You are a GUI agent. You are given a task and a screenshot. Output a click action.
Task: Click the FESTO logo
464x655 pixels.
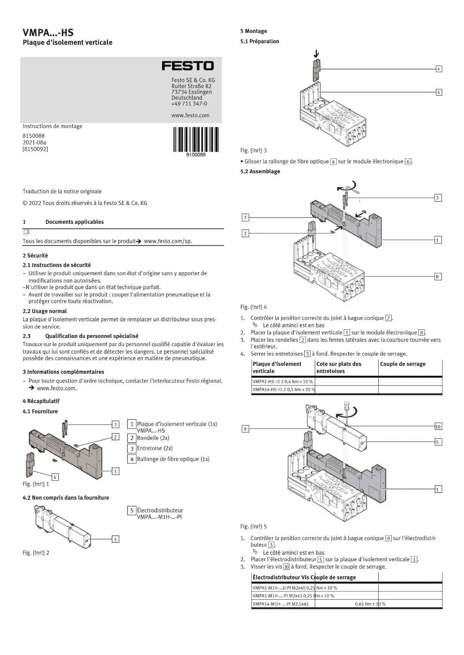[187, 66]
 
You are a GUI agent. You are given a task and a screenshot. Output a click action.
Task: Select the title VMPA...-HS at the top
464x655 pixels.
[48, 32]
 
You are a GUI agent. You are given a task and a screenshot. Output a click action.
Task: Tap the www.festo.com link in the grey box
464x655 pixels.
[190, 115]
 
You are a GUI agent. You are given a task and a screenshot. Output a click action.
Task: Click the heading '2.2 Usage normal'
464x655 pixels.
[45, 311]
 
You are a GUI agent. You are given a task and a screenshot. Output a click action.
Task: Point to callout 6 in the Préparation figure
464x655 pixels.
[439, 92]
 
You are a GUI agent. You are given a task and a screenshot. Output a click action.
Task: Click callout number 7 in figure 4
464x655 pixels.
[245, 218]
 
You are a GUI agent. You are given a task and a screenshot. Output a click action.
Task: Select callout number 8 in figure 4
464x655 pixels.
[437, 277]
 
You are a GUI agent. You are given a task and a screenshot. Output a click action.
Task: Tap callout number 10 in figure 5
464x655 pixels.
[438, 426]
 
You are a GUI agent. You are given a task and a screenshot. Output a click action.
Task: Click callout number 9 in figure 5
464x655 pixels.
[245, 429]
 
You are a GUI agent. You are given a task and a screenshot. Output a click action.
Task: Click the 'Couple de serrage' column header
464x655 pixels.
[403, 364]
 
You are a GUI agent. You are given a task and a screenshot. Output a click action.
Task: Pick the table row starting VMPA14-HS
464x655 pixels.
[283, 389]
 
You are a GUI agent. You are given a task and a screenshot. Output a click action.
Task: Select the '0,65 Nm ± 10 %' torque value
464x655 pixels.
[370, 604]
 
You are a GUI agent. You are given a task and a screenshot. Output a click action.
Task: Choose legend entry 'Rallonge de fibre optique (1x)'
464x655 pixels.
[173, 459]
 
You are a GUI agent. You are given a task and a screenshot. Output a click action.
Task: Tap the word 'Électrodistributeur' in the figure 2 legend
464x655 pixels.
[160, 510]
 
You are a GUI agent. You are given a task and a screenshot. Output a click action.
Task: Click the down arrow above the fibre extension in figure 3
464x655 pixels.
[316, 54]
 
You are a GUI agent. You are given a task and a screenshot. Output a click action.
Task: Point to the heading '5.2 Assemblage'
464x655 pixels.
[260, 171]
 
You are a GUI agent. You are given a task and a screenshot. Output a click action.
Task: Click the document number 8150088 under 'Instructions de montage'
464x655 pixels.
[34, 136]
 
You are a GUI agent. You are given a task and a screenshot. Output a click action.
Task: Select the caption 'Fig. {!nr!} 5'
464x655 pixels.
[253, 527]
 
